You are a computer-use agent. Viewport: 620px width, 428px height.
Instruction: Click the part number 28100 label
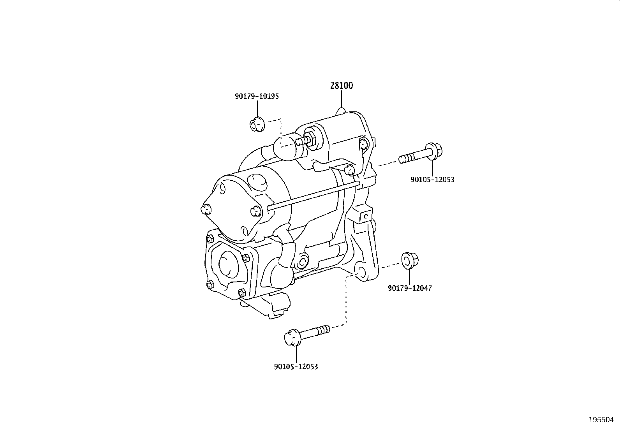[x=342, y=86]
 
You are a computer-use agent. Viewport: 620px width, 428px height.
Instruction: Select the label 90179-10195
[x=257, y=96]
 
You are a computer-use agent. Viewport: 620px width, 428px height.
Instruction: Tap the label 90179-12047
[x=410, y=288]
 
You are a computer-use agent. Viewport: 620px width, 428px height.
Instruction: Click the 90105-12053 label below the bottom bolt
[x=296, y=366]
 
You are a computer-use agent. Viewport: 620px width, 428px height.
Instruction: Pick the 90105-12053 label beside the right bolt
[x=432, y=180]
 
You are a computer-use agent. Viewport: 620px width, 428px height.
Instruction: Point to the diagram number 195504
[x=601, y=420]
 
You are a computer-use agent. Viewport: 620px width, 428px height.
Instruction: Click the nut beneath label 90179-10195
[x=257, y=125]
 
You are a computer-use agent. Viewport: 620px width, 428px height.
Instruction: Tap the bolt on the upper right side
[x=420, y=154]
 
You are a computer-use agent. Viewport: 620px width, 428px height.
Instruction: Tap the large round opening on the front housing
[x=229, y=264]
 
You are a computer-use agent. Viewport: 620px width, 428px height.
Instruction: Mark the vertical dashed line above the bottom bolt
[x=346, y=300]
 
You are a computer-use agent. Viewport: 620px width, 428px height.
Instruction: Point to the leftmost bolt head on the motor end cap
[x=205, y=210]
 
